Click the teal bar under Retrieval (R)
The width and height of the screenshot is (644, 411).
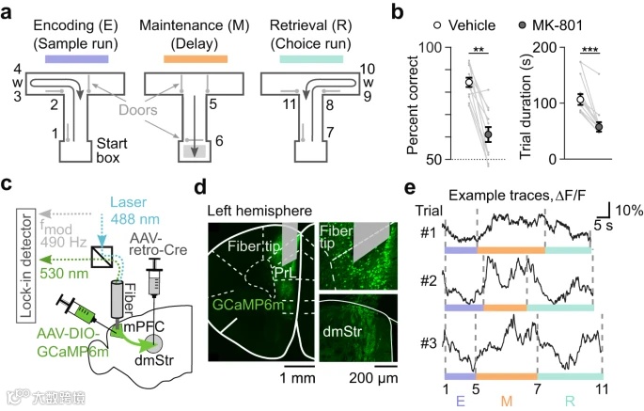tap(315, 59)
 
